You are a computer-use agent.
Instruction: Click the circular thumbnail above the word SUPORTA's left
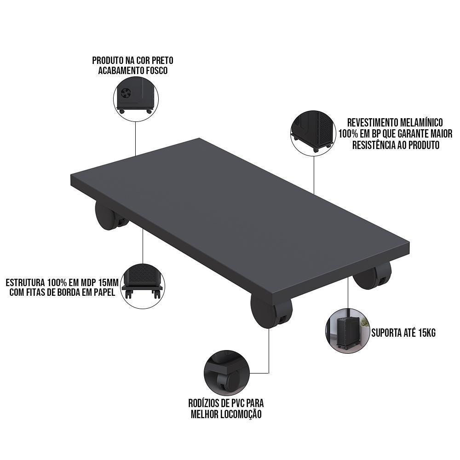click(x=348, y=330)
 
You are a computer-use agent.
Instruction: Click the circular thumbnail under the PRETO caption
click(x=136, y=98)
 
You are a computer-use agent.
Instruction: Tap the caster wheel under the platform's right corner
click(x=374, y=275)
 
